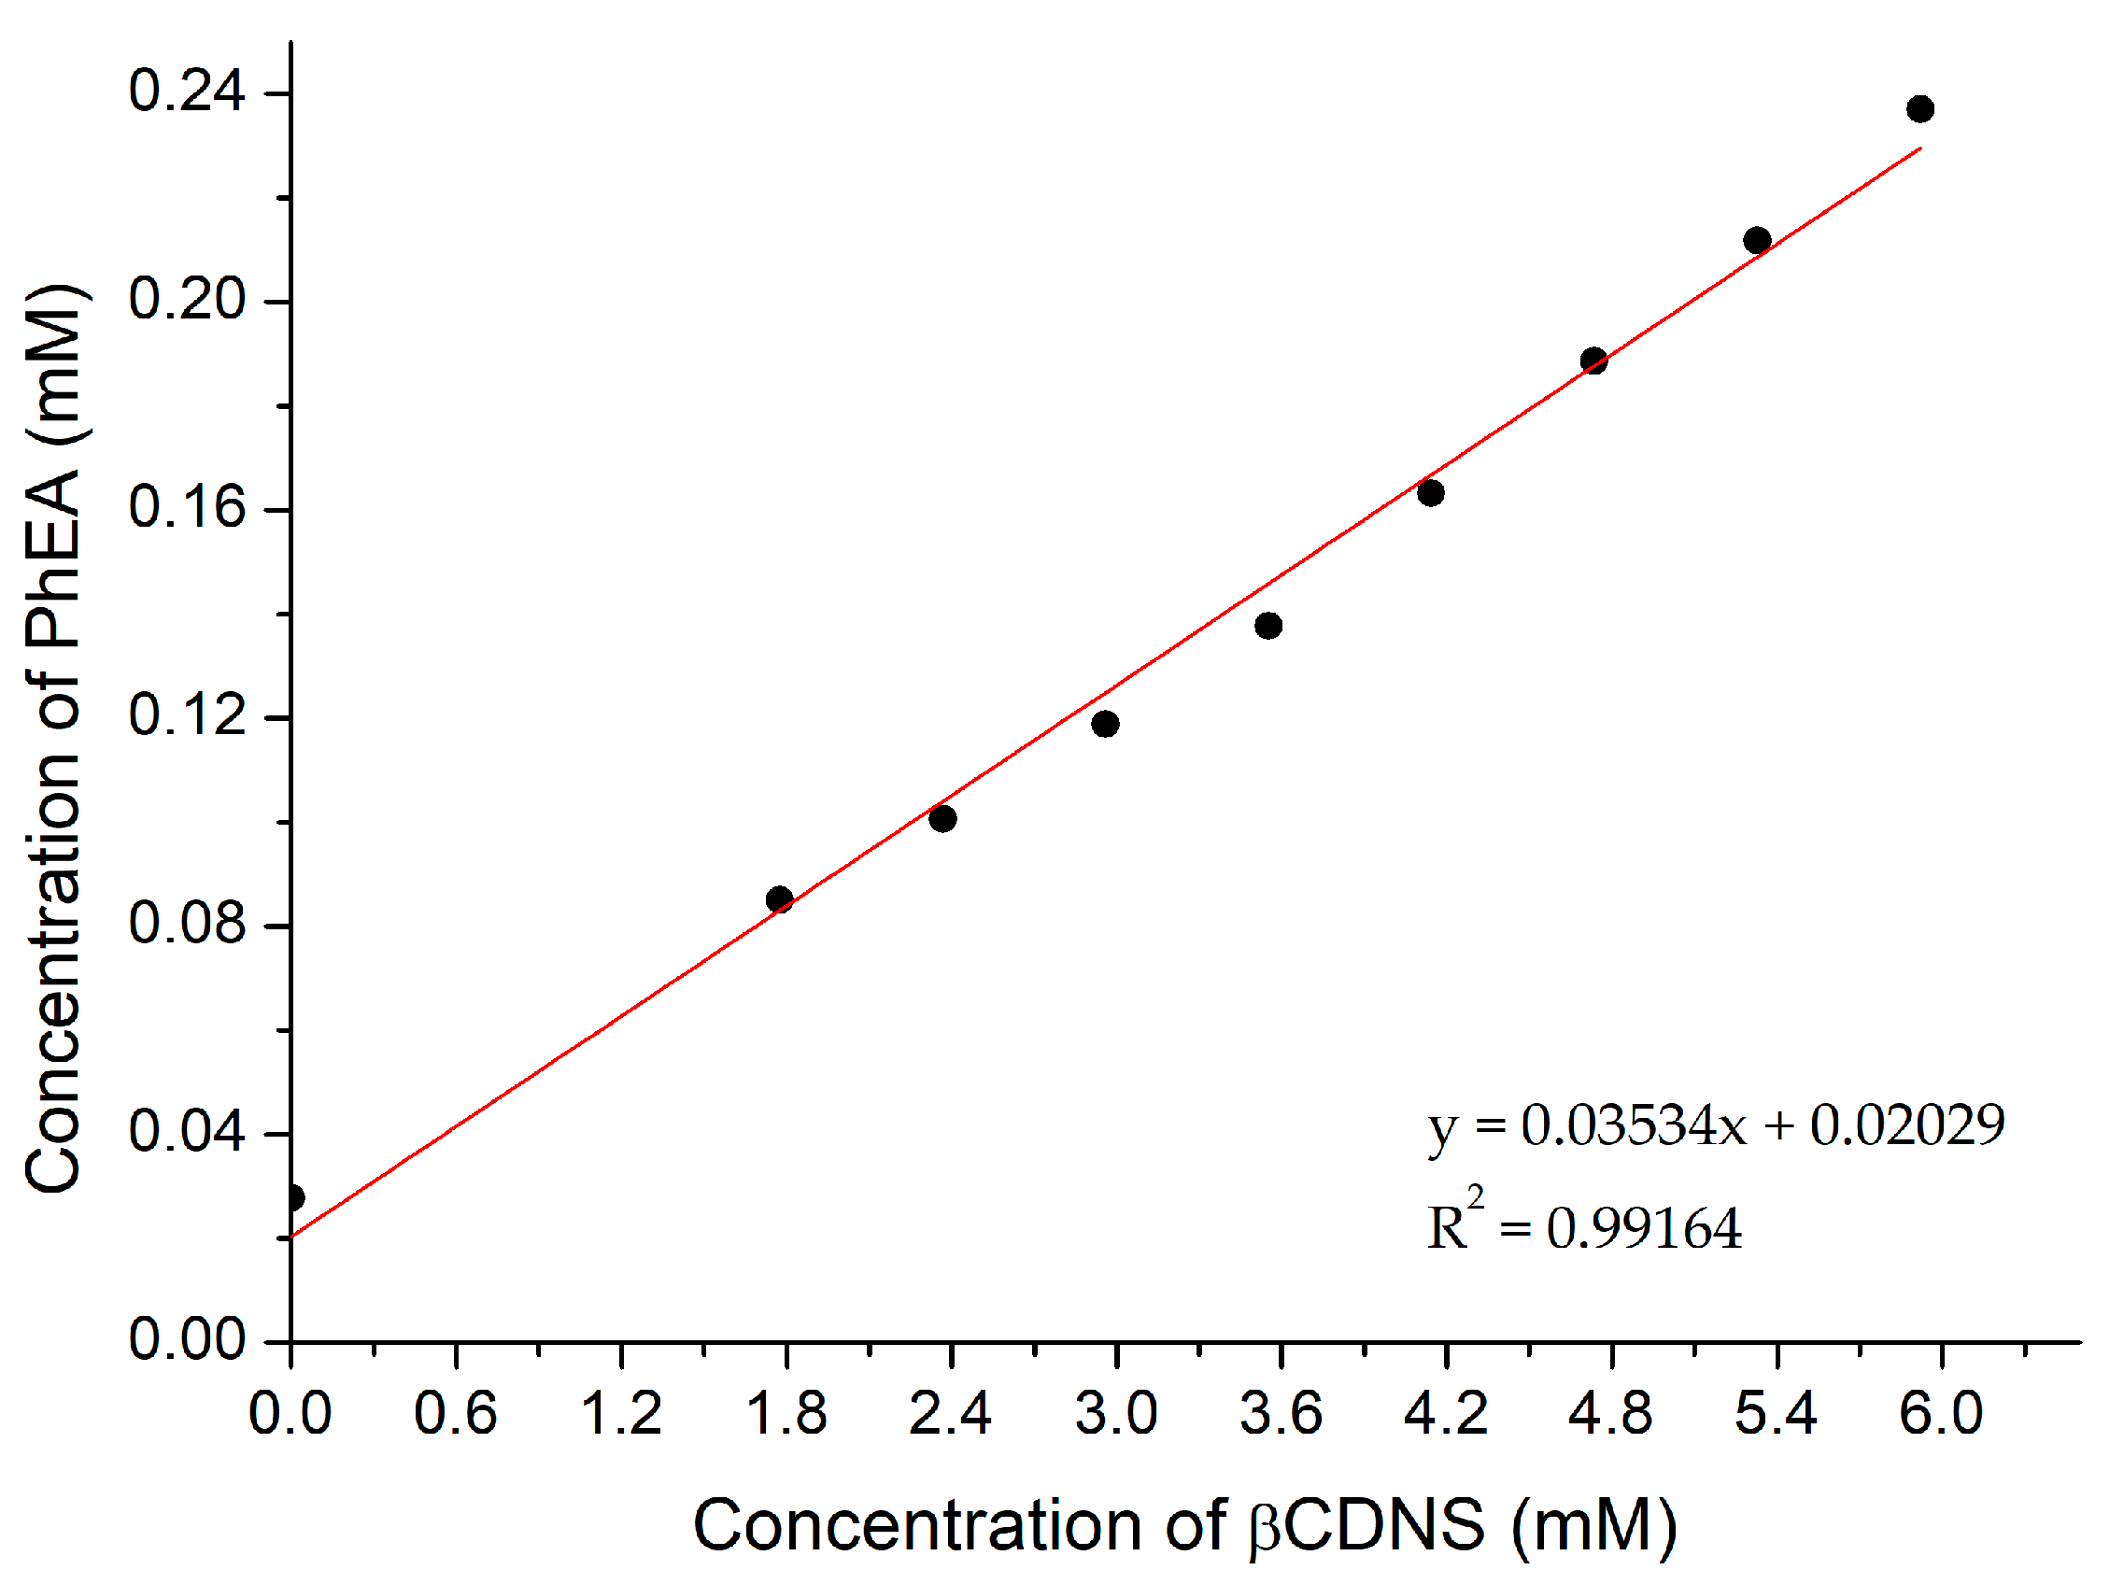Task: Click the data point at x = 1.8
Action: [779, 898]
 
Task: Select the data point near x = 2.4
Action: [942, 818]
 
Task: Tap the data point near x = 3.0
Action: [1105, 723]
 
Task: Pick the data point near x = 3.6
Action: [1267, 625]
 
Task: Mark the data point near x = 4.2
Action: [1430, 492]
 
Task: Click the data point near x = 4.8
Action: [1593, 361]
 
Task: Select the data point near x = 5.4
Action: [1757, 240]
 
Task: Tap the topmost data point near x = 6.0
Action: [1919, 108]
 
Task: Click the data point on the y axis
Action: [293, 1197]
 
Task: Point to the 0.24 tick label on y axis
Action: [187, 92]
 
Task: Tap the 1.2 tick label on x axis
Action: [621, 1413]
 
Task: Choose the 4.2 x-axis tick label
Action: [1445, 1413]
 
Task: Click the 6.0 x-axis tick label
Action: [1941, 1413]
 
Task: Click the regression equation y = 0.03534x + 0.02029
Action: [1715, 1125]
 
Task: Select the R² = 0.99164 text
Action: [1583, 1226]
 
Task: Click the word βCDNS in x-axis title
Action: [1366, 1524]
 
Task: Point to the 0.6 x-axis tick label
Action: [456, 1413]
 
